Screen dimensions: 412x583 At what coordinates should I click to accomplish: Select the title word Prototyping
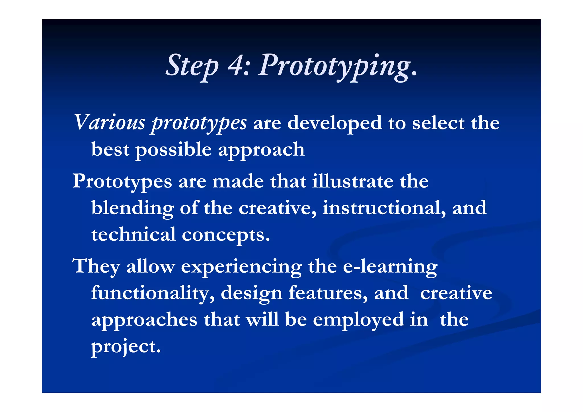pyautogui.click(x=337, y=67)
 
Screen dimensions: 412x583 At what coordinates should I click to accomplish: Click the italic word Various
pyautogui.click(x=110, y=122)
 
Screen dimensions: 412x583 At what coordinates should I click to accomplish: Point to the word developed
pyautogui.click(x=334, y=123)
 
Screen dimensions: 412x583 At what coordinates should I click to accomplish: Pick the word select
pyautogui.click(x=438, y=123)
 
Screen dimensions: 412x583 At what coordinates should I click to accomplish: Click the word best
pyautogui.click(x=110, y=149)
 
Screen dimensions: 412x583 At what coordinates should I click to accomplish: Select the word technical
pyautogui.click(x=134, y=234)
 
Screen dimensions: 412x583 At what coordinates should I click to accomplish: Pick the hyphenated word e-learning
pyautogui.click(x=390, y=267)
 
